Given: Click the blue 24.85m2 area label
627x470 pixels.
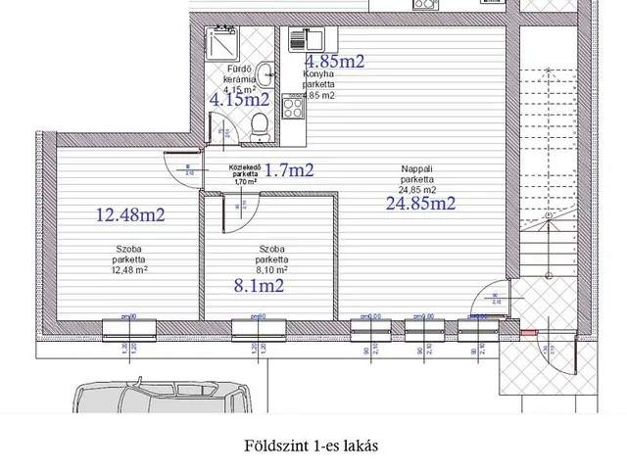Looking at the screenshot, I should coord(420,204).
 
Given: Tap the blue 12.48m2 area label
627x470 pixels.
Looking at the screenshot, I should coord(129,215).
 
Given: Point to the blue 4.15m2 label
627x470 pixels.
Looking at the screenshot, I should coord(240,98).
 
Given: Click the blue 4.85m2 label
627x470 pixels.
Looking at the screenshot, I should coord(334,61).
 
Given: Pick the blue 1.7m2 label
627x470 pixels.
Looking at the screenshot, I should coord(290,170).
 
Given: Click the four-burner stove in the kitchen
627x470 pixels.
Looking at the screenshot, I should coord(292,106).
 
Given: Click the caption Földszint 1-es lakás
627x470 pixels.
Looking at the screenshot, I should coord(313,445).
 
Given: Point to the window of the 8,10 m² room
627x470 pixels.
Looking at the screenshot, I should coord(259,327).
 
